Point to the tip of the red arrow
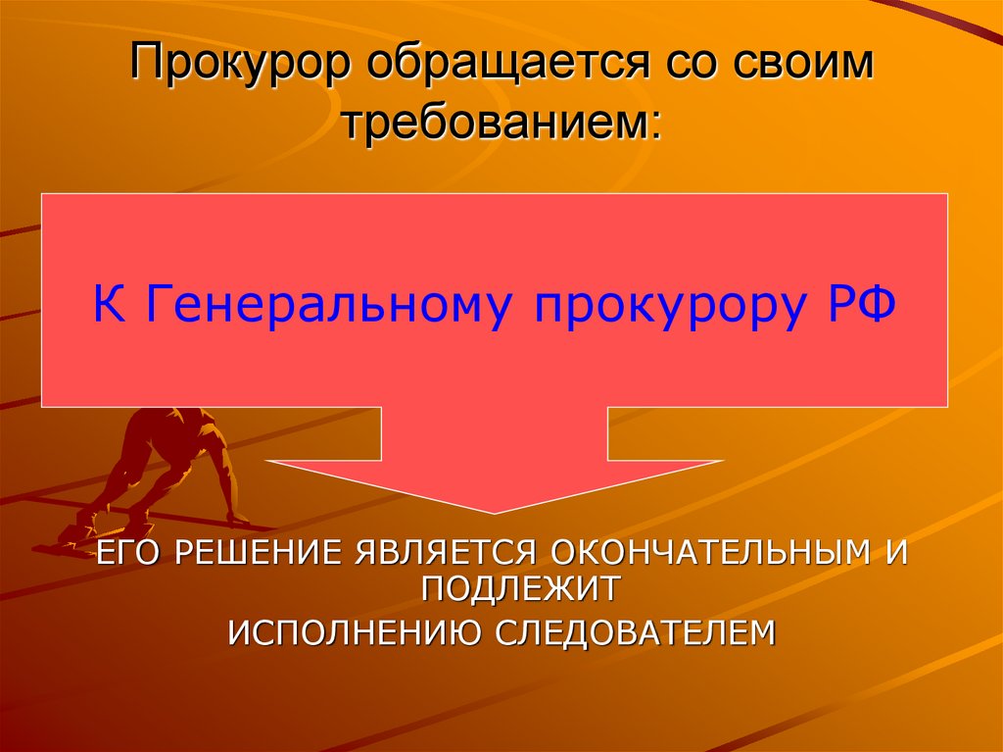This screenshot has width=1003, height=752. pyautogui.click(x=496, y=511)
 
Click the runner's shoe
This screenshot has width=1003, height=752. pyautogui.click(x=71, y=534)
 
